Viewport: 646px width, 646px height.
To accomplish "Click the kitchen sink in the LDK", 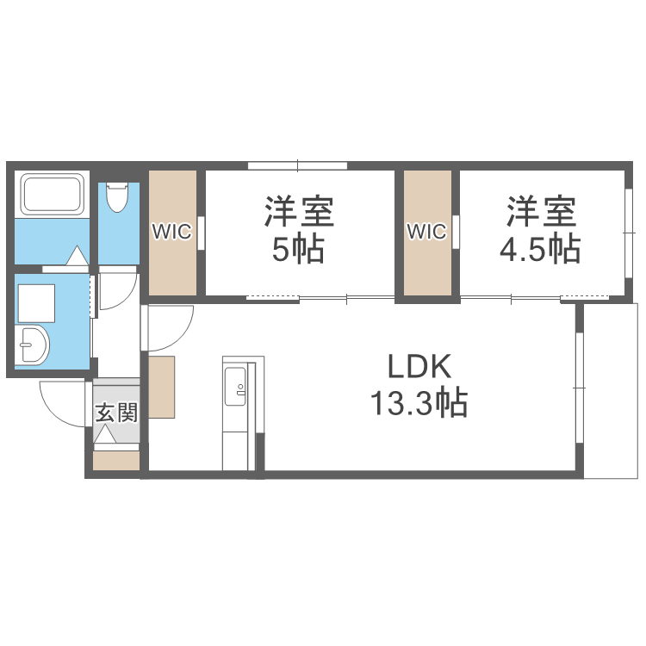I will click(235, 383).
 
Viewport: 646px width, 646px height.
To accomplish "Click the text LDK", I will click(419, 368).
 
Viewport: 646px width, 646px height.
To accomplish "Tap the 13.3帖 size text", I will click(419, 402).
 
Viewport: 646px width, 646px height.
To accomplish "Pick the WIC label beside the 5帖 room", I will click(172, 231).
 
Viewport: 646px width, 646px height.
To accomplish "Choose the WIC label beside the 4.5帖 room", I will click(426, 231).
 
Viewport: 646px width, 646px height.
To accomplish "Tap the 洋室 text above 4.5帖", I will click(540, 212).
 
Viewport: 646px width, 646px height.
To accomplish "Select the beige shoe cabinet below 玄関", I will click(116, 461).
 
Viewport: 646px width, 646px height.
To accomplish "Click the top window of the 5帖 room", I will click(297, 165).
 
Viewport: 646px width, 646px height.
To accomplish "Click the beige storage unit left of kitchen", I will click(162, 387).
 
